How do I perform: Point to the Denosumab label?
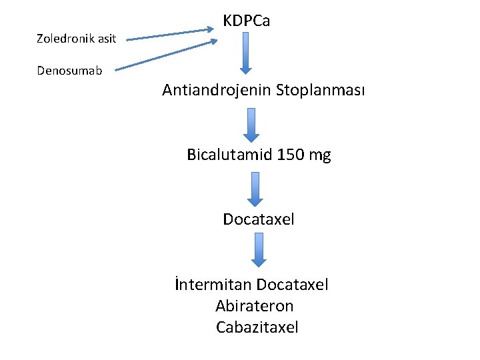click(70, 70)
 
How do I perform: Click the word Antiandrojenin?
click(218, 90)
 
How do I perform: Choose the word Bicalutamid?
click(226, 155)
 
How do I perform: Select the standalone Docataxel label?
click(259, 219)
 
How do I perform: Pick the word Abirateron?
click(255, 306)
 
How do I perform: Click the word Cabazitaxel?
click(257, 327)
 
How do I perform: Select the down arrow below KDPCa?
click(245, 53)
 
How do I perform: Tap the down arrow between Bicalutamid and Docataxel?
click(255, 189)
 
